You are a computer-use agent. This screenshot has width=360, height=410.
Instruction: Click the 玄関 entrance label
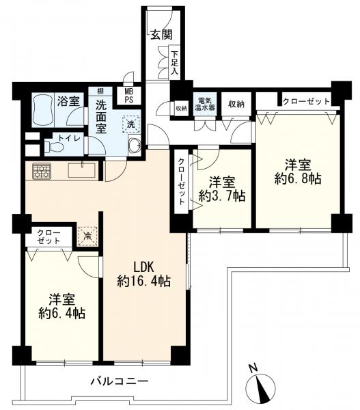coord(161,34)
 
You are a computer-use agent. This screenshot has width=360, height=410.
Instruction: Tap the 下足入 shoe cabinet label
coord(174,62)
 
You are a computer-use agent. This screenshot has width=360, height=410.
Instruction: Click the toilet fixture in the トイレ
coord(54,147)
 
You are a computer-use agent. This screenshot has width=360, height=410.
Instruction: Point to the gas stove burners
coord(42,171)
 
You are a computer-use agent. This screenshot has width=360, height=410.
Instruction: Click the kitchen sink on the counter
coord(82,170)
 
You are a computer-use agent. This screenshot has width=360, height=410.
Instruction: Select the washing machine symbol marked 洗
coord(131,124)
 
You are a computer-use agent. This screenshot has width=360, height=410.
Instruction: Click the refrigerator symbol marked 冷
coord(88,236)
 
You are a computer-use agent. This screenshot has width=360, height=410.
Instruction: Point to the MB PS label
coord(129,96)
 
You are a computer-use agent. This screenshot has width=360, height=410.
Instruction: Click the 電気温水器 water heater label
coord(205,104)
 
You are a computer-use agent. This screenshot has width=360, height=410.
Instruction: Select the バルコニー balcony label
coord(120,381)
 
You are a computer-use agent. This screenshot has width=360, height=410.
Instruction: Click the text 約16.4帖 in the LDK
coord(143,282)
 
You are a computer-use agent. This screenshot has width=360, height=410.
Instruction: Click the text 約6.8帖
coord(298,178)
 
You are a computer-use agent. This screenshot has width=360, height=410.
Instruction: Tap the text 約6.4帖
coord(62,313)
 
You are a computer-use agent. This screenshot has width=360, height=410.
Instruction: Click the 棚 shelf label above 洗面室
coord(100,91)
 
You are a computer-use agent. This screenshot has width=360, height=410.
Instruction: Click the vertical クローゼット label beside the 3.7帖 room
coord(181,182)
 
